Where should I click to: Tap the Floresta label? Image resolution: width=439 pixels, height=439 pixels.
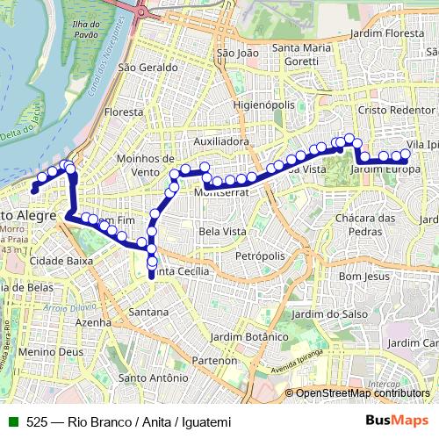(x=123, y=112)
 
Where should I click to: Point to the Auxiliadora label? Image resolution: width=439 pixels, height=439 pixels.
(x=223, y=140)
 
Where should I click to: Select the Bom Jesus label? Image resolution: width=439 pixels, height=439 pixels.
(x=363, y=276)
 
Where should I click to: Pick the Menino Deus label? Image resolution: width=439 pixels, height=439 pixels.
(x=37, y=352)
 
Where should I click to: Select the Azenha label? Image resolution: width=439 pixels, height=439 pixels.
(x=93, y=323)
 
